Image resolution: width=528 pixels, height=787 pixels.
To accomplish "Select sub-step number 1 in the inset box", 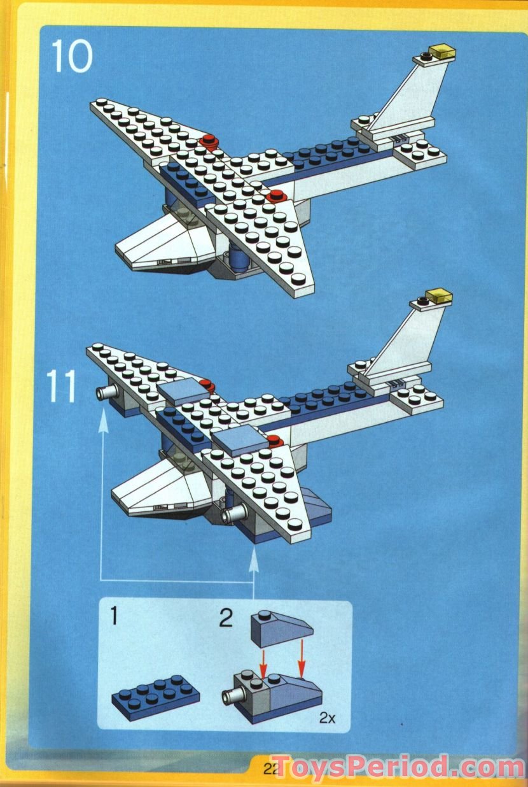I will (115, 617).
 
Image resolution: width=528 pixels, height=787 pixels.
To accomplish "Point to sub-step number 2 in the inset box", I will (226, 618).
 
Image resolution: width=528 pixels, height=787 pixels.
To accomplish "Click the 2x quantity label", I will (327, 718).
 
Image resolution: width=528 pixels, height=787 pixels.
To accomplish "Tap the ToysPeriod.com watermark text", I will (398, 766).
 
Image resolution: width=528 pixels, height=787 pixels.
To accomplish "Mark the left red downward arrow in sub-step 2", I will (262, 668).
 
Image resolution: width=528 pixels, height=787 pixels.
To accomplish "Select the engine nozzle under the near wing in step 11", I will (229, 513).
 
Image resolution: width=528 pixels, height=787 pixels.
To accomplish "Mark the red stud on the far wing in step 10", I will (207, 141).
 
